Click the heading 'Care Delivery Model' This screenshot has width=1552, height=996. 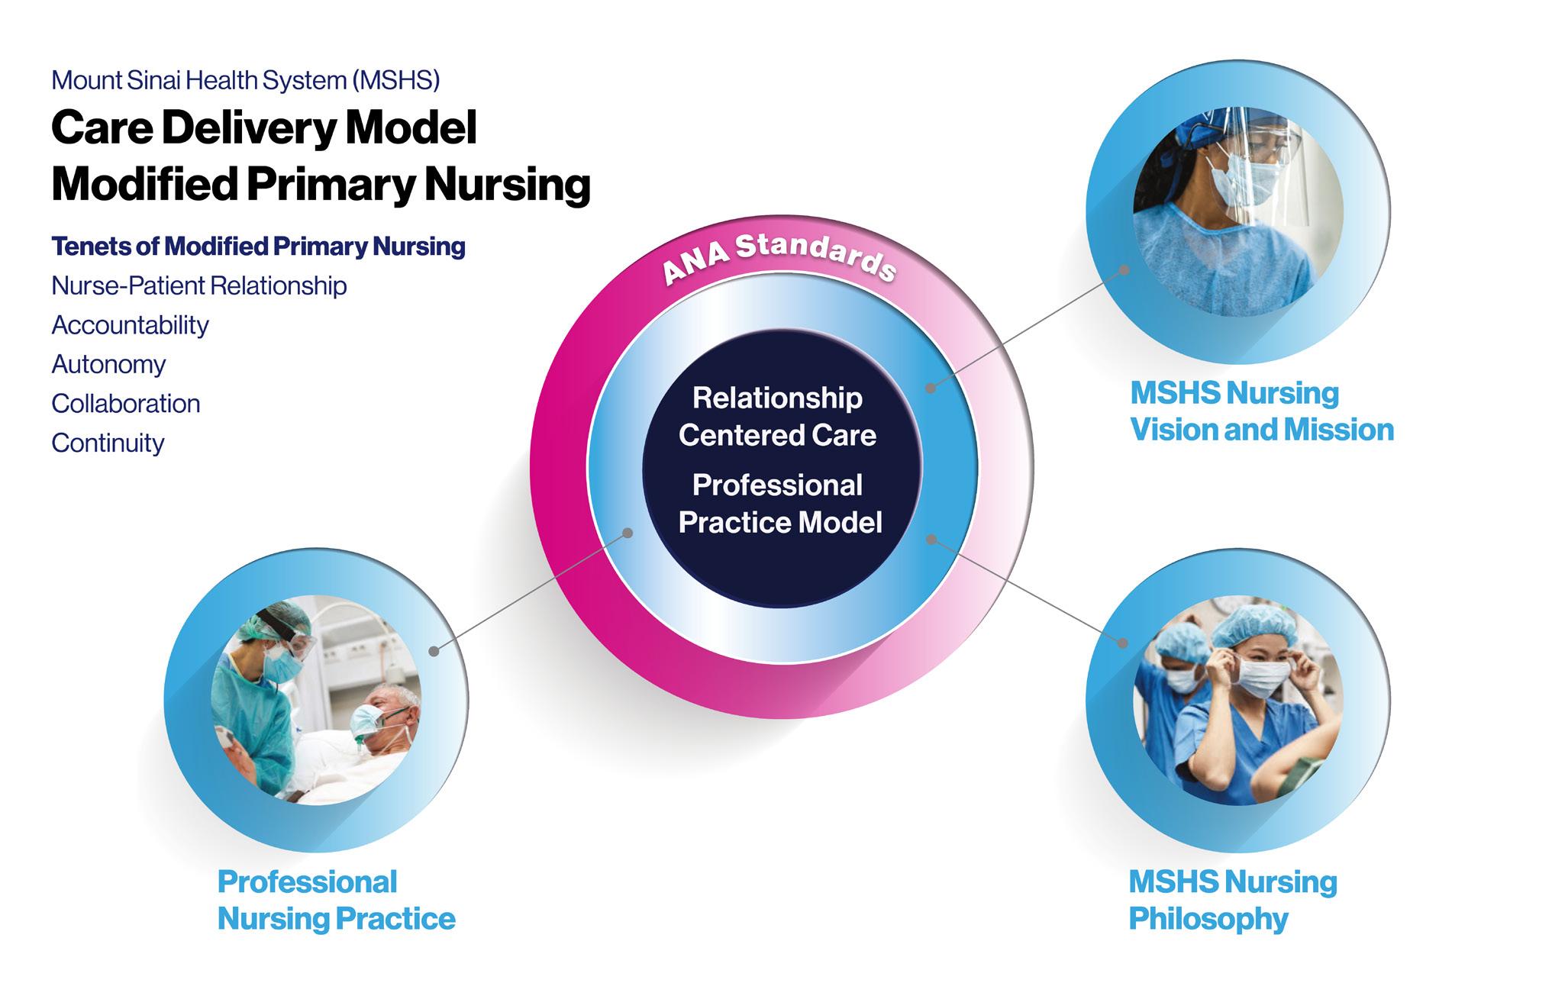264,127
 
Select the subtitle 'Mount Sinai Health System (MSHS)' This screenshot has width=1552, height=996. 245,80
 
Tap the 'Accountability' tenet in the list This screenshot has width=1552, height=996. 130,325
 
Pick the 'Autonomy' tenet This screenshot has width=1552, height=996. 108,364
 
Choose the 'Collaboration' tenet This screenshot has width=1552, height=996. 126,404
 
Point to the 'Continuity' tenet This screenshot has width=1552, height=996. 108,443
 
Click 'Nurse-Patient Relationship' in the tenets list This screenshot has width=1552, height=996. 199,285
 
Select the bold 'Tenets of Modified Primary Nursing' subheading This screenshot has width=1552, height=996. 258,247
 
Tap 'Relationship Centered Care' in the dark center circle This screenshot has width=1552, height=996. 778,417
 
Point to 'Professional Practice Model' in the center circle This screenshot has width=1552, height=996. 779,504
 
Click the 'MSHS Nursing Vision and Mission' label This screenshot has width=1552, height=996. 1261,411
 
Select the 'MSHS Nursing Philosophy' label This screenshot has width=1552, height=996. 1232,900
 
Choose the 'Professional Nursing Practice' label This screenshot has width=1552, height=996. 336,900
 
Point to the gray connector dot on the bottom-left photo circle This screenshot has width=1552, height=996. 434,651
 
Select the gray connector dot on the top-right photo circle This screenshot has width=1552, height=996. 1124,270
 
